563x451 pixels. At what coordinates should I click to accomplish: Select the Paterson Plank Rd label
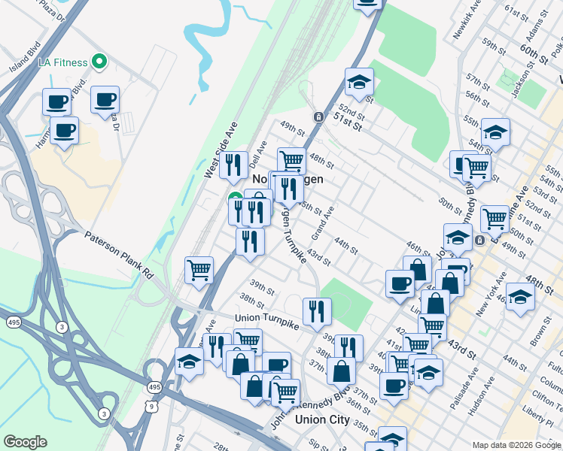coord(118,255)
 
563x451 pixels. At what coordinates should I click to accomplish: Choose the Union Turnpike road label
coord(266,320)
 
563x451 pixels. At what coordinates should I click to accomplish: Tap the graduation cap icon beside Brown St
coord(520,296)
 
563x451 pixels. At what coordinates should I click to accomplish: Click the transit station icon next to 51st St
coord(319,117)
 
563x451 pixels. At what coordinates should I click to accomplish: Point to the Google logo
coord(25,442)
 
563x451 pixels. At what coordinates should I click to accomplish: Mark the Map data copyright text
coord(516,445)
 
